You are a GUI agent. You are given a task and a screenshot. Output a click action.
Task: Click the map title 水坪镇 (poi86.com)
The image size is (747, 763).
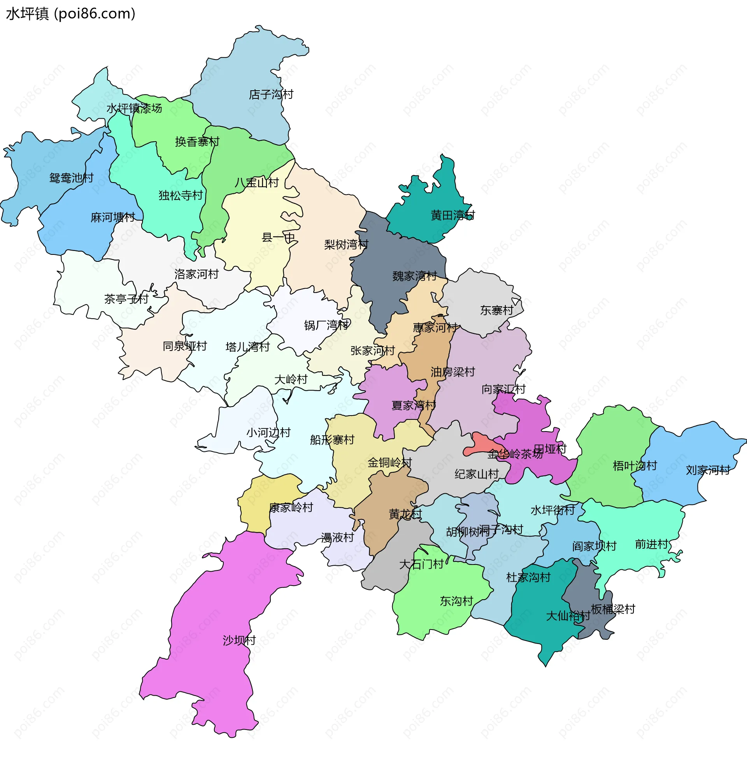71,14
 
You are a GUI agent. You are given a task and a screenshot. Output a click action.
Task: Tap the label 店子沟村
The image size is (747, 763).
271,95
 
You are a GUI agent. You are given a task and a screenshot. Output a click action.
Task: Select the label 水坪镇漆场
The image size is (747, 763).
134,108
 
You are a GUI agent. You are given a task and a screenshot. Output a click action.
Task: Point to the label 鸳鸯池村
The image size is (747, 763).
72,178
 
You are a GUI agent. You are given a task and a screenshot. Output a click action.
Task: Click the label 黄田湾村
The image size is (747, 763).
453,215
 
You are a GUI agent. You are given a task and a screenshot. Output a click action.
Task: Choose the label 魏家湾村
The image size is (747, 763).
414,276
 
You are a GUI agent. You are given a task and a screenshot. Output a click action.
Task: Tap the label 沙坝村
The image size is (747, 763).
239,640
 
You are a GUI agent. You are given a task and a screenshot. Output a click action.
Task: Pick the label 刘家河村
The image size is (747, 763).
707,470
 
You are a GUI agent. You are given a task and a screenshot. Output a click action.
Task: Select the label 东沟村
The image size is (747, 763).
456,601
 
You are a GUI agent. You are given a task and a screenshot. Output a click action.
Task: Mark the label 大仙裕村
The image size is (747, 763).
568,616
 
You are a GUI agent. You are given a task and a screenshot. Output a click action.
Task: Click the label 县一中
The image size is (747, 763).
278,237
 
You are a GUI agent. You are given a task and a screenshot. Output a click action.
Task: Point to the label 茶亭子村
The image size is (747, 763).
126,299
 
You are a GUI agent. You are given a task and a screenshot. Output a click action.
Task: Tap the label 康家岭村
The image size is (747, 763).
291,508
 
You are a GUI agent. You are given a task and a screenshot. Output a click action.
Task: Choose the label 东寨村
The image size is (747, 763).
497,310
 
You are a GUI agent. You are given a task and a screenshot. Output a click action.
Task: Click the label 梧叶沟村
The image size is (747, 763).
635,466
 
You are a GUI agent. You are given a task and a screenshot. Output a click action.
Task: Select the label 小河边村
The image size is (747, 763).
268,432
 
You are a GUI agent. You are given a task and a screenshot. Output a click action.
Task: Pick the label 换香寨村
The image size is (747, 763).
197,142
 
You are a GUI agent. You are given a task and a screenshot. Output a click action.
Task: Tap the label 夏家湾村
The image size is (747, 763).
414,405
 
